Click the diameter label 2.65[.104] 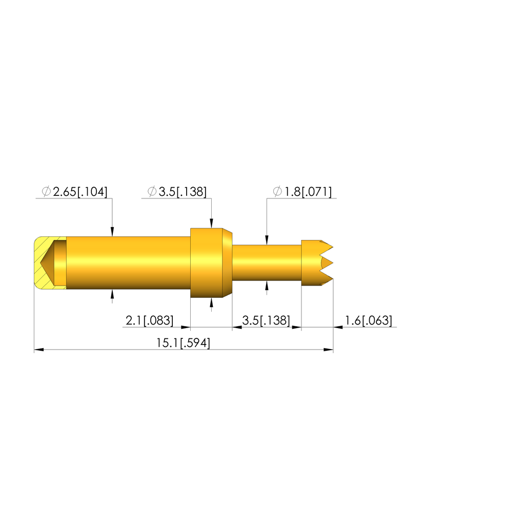point(80,192)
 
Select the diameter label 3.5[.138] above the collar point(183,192)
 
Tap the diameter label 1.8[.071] point(308,192)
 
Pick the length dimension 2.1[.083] point(150,320)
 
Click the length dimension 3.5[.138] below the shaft point(266,320)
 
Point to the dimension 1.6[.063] point(368,320)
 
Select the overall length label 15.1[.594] point(183,343)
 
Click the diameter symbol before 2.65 point(46,192)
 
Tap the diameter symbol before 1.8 point(277,192)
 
